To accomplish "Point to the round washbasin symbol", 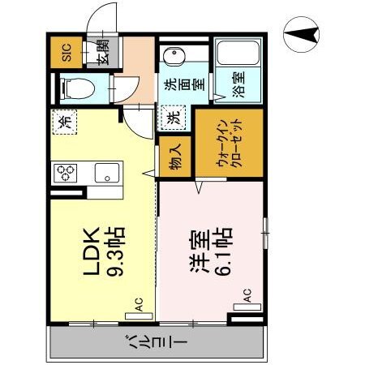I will click(x=172, y=54).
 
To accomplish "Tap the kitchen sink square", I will click(x=105, y=172).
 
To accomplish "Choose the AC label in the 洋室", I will click(x=247, y=294).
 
